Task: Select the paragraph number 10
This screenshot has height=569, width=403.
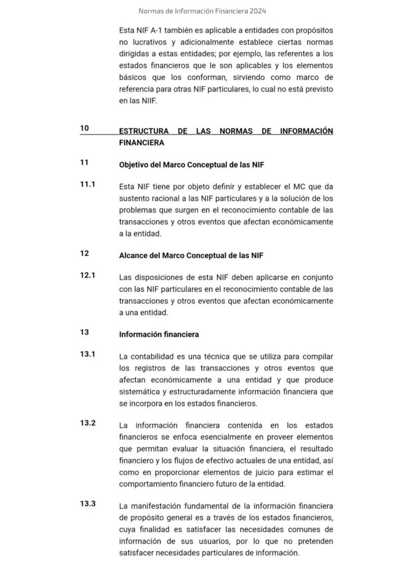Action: [x=85, y=128]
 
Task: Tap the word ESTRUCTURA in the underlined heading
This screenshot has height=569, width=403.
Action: [x=144, y=131]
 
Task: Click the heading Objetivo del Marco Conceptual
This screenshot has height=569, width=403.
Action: [x=191, y=165]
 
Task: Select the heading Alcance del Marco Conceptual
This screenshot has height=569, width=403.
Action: [x=191, y=256]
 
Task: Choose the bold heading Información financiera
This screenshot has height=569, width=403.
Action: [x=159, y=335]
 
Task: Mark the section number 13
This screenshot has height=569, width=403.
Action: [x=85, y=332]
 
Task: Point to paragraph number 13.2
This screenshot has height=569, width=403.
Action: [x=88, y=423]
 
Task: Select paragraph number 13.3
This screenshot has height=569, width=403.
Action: [x=88, y=503]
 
